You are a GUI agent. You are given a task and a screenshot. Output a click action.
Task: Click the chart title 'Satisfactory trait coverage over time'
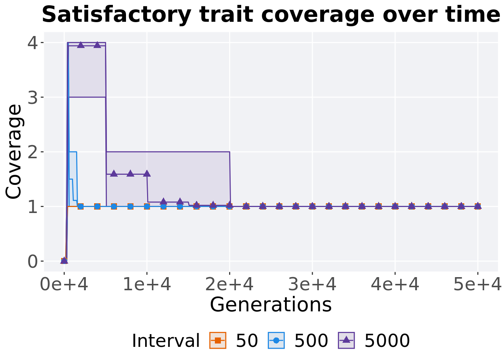pos(271,15)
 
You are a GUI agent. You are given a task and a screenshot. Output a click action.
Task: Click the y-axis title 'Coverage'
pos(14,151)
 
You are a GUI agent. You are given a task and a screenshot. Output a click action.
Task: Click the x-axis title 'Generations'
pos(271,304)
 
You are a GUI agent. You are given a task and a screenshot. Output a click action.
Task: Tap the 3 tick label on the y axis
pos(33,97)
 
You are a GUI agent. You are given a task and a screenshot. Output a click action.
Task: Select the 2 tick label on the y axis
pos(33,152)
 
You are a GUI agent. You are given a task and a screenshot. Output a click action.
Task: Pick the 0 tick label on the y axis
pos(33,261)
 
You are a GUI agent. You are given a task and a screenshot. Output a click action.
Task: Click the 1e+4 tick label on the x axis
pos(147,285)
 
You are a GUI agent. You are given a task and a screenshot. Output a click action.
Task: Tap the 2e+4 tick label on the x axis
pos(229,285)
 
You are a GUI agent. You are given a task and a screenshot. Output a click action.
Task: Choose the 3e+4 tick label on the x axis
pos(312,285)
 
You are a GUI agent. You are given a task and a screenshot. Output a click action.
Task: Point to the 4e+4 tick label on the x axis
pos(395,285)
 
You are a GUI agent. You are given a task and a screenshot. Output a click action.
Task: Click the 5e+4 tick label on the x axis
pos(477,285)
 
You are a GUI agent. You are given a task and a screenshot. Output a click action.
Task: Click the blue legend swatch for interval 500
pos(276,340)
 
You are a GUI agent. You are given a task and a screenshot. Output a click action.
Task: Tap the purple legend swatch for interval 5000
pos(346,340)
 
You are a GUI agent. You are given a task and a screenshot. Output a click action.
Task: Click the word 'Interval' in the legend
pos(166,341)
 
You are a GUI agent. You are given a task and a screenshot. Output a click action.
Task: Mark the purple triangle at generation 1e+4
pos(147,174)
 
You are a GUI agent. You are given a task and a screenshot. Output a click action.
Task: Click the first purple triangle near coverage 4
pos(81,45)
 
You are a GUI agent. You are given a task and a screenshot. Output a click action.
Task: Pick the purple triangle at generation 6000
pos(114,174)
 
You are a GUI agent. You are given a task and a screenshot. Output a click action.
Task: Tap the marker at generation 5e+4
pos(477,206)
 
